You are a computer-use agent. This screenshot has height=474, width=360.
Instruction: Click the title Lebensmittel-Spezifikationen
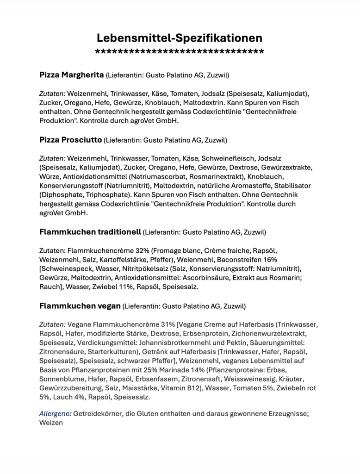click(180, 37)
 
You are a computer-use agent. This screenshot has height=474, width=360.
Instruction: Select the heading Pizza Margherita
click(71, 75)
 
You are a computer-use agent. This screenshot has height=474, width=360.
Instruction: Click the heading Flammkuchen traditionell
click(90, 231)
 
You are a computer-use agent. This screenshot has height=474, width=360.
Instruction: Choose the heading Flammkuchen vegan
click(80, 306)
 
